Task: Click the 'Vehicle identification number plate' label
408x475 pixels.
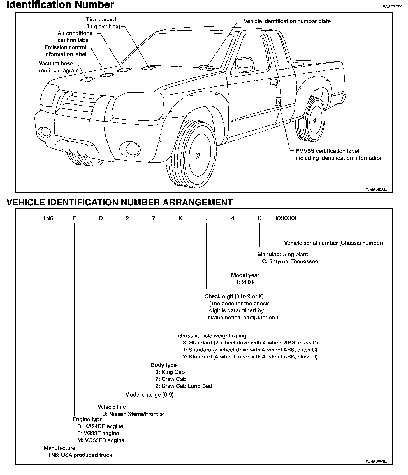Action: click(x=287, y=21)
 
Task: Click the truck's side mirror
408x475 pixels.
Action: click(x=245, y=65)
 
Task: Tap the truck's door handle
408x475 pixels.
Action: click(x=273, y=82)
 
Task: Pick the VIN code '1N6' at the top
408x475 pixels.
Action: click(x=48, y=218)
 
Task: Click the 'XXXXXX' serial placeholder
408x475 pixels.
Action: click(x=286, y=218)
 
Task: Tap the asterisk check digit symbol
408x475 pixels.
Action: click(x=207, y=219)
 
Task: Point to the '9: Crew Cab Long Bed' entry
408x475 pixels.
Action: click(x=184, y=386)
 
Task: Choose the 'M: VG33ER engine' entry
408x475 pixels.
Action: click(x=101, y=440)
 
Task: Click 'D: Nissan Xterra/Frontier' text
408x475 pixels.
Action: click(x=133, y=414)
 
